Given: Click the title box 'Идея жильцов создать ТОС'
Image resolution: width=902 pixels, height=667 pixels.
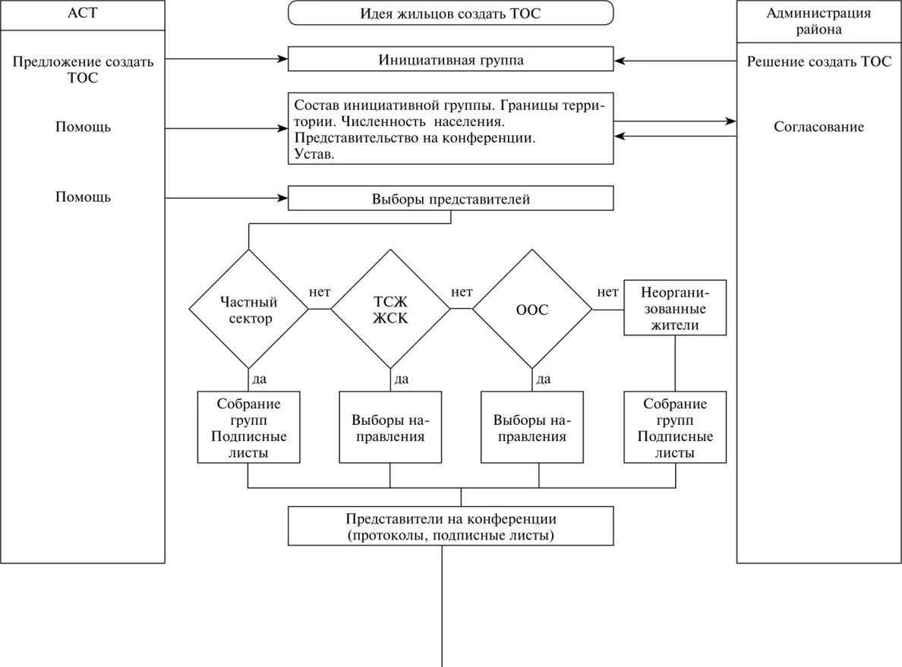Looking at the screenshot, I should [x=450, y=14].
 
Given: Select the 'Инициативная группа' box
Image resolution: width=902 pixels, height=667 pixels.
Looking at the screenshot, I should [x=450, y=60].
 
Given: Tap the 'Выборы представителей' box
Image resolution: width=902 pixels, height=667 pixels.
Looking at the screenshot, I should [x=450, y=200].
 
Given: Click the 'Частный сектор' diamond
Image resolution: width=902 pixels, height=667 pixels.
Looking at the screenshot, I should [x=248, y=310].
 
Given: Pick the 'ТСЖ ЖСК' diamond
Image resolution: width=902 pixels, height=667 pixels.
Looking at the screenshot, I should [x=390, y=310].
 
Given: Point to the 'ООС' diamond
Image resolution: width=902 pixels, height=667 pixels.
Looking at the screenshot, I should [x=532, y=310].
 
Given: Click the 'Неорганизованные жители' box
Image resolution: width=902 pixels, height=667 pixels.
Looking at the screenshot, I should [x=674, y=308].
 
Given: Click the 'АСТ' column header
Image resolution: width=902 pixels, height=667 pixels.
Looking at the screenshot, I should [x=83, y=15].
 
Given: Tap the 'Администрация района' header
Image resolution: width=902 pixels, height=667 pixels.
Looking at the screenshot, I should [x=818, y=21].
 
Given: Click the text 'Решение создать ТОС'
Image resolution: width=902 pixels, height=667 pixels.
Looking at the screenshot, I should [x=818, y=61].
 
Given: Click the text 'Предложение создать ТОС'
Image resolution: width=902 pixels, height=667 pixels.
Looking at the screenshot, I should [x=83, y=69].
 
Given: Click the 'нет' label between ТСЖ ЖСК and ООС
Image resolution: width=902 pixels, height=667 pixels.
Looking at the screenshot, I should [x=462, y=292].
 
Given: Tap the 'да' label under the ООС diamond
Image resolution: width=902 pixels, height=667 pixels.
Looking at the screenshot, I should [x=543, y=379].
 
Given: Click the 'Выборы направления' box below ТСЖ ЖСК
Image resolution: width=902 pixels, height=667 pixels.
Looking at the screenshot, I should [x=390, y=427].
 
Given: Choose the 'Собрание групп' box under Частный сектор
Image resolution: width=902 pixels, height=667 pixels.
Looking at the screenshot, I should [x=248, y=427].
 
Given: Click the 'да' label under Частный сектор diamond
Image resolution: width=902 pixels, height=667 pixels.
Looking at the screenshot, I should [x=259, y=379].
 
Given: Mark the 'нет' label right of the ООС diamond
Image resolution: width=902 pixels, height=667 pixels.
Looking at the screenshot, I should [x=607, y=292].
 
